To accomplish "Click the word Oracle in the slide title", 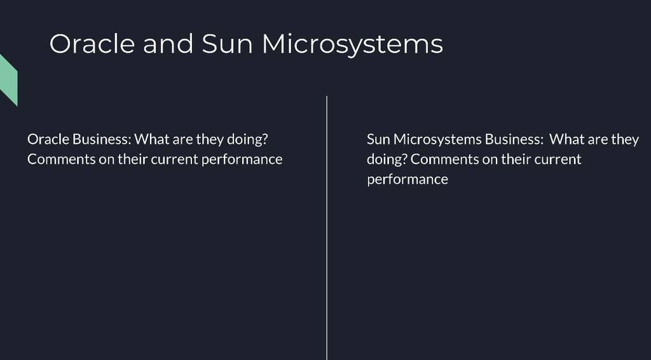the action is click(92, 44).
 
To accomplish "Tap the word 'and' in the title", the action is click(168, 44).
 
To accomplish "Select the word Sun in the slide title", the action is click(227, 44).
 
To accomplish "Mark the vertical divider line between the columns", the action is click(327, 228).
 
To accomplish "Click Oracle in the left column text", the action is click(48, 139).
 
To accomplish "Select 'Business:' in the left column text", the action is click(102, 139).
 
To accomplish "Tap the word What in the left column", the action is click(152, 139).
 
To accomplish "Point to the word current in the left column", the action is click(174, 159).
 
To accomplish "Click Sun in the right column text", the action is click(379, 139).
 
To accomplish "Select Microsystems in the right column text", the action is click(437, 140).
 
